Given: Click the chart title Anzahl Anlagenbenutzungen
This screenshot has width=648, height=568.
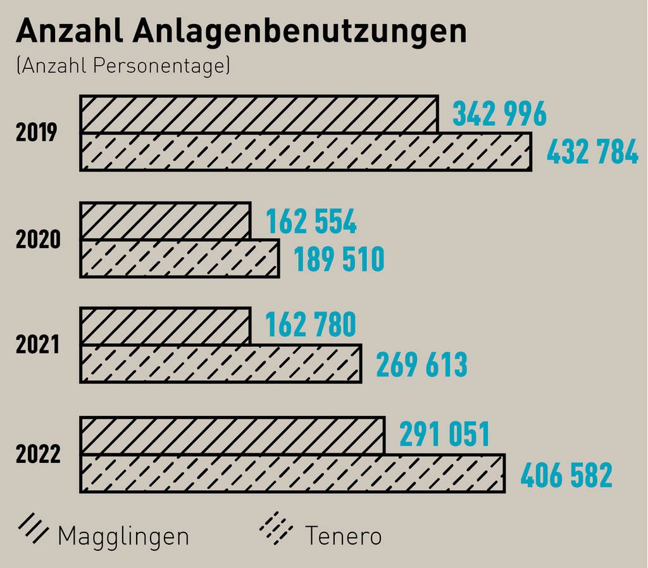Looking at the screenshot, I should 241,31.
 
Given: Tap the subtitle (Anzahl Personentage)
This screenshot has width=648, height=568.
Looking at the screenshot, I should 123,66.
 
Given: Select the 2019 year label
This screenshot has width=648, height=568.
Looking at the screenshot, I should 37,133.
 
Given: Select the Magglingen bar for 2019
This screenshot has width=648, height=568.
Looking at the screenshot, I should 259,115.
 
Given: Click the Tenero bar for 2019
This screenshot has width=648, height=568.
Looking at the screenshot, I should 306,152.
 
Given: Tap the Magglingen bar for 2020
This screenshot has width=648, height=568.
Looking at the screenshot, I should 165,221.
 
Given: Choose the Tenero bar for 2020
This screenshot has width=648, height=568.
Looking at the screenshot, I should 180,258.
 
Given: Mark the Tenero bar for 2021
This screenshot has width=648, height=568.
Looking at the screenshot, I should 221,364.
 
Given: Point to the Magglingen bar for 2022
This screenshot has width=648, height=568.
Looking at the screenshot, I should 232,436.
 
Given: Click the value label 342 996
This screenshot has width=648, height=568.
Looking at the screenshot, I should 499,114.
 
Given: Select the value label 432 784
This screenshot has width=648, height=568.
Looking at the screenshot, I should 592,153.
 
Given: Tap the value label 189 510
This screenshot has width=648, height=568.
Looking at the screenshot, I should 339,260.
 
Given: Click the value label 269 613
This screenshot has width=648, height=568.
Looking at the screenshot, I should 421,365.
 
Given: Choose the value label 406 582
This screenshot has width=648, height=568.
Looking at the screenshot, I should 566,476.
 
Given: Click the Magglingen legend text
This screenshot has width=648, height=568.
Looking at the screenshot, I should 123,536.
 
